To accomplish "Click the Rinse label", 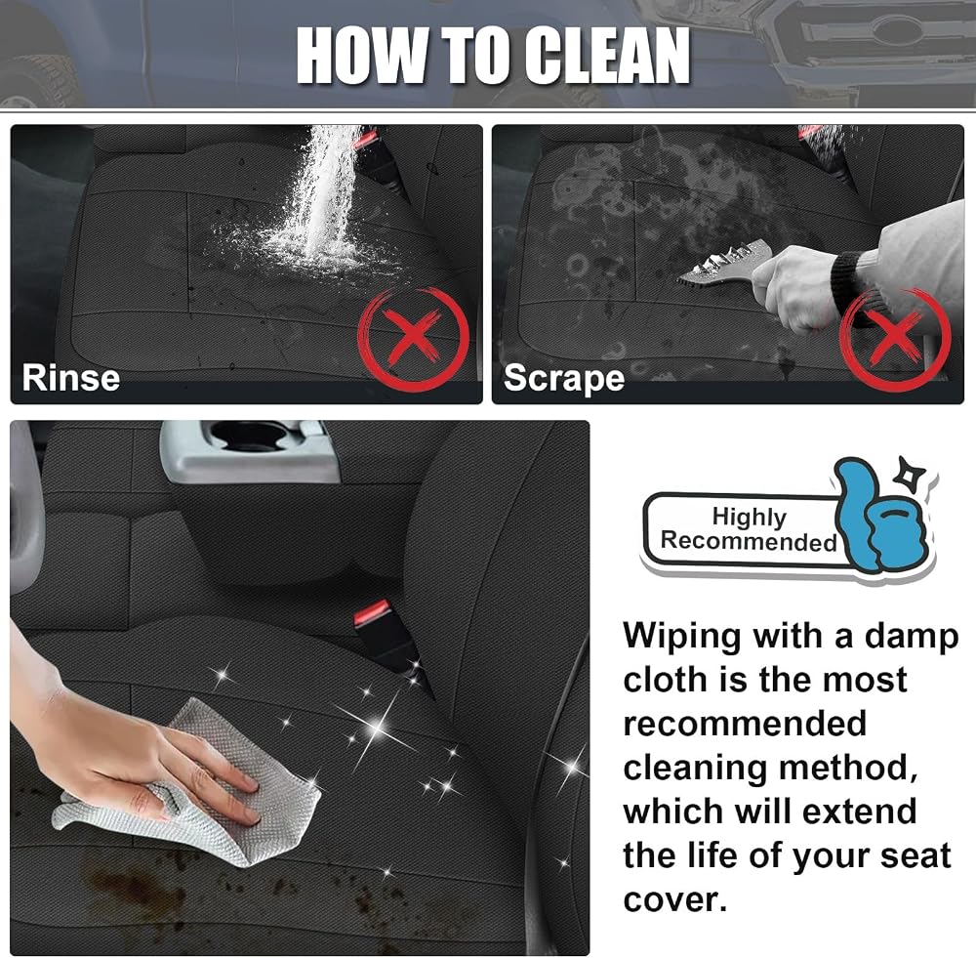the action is pos(71,378).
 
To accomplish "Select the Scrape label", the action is pos(564,378).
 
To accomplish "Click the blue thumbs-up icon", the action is pos(879,517).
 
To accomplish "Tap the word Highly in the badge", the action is pos(750,517).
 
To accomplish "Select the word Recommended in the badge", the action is pos(749,541).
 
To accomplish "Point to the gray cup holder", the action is pos(250,450).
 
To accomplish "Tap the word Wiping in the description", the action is pos(682,638).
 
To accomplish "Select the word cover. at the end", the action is pos(674,900).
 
